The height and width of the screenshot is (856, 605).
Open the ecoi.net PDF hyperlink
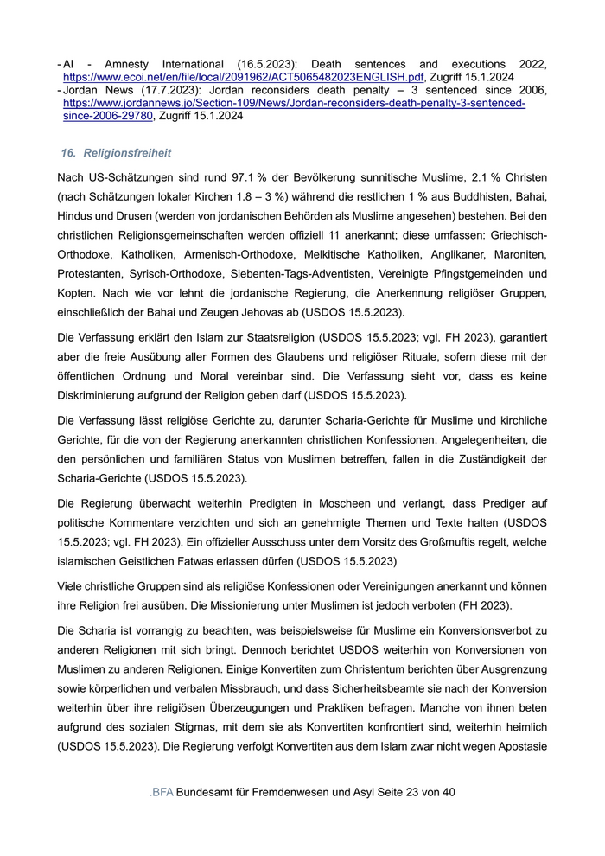(243, 77)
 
